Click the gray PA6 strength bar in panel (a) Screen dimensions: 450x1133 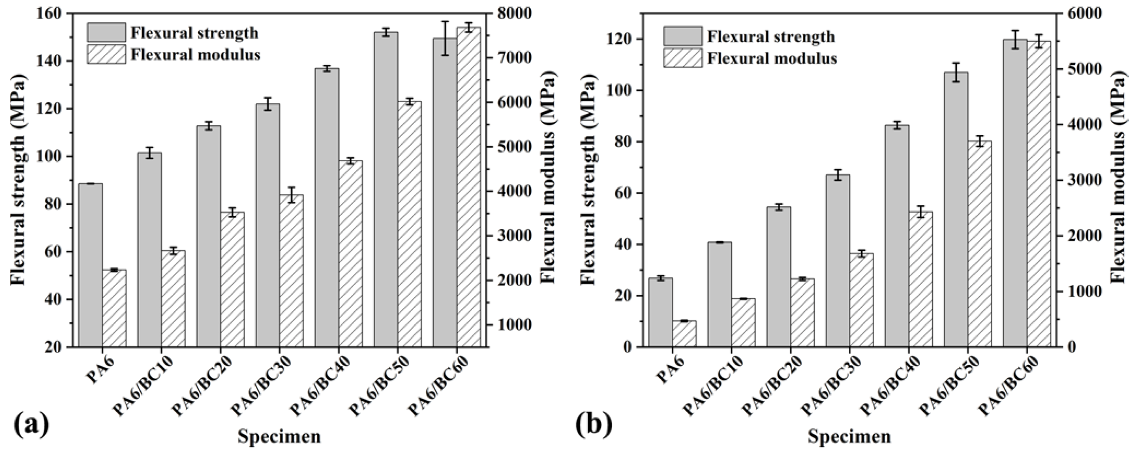click(90, 263)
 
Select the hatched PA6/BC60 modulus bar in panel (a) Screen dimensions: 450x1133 click(469, 189)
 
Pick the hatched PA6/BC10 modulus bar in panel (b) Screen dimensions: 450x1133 click(743, 323)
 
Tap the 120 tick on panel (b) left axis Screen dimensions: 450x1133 click(621, 40)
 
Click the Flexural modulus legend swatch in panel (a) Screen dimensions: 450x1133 click(106, 54)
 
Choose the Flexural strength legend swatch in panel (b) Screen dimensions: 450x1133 click(683, 36)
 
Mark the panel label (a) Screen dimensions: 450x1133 click(31, 424)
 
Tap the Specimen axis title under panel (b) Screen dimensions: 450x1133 click(849, 437)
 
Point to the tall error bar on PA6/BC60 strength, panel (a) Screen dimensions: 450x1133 click(445, 38)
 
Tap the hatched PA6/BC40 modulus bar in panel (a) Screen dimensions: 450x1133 click(351, 255)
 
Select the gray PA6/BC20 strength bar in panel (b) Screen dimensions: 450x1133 click(778, 277)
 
